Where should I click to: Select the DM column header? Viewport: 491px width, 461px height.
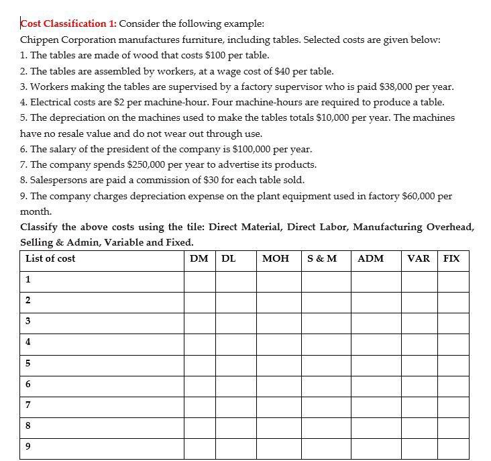point(199,258)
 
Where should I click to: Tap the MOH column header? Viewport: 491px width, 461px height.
point(276,258)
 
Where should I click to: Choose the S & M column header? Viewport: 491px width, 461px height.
point(322,258)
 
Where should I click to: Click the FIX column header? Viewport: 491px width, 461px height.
point(452,258)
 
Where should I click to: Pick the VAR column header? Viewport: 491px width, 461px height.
point(419,258)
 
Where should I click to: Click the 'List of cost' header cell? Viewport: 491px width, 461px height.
point(50,258)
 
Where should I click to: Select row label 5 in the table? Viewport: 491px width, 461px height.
point(28,363)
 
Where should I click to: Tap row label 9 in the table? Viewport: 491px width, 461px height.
point(28,446)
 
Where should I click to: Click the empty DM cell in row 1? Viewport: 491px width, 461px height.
point(200,280)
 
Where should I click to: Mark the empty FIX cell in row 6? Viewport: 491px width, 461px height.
point(453,385)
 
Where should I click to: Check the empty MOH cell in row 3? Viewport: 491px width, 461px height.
point(278,322)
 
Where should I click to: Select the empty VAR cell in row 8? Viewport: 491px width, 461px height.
point(420,426)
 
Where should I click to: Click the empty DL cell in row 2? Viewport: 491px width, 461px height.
point(235,301)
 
